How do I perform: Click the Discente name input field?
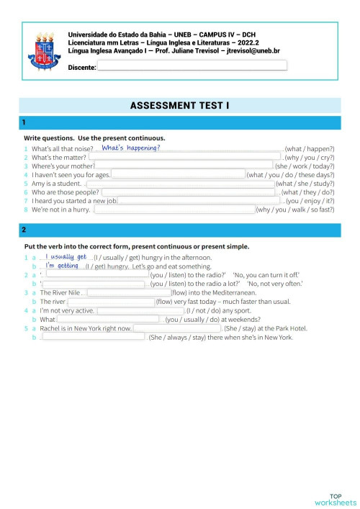pyautogui.click(x=192, y=66)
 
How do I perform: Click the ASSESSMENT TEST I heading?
pyautogui.click(x=180, y=106)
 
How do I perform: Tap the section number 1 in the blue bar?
pyautogui.click(x=24, y=122)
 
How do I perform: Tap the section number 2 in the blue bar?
pyautogui.click(x=24, y=230)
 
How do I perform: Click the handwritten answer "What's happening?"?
pyautogui.click(x=131, y=148)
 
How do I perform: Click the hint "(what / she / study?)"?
pyautogui.click(x=305, y=184)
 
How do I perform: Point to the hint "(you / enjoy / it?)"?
pyautogui.click(x=310, y=202)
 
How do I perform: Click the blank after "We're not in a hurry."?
pyautogui.click(x=175, y=210)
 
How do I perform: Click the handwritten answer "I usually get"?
pyautogui.click(x=66, y=256)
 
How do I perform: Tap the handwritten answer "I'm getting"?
pyautogui.click(x=63, y=266)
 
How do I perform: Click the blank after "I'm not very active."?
pyautogui.click(x=140, y=311)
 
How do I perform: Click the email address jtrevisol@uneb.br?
pyautogui.click(x=253, y=51)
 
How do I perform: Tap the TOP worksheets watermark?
pyautogui.click(x=336, y=499)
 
